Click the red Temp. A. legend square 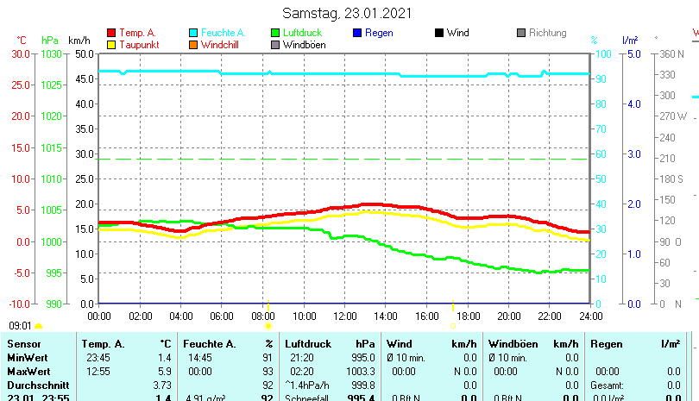click(110, 33)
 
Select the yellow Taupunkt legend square click(110, 45)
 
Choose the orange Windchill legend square click(193, 45)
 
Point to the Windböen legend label click(304, 45)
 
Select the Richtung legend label click(547, 33)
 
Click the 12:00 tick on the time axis click(344, 315)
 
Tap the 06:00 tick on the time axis click(222, 315)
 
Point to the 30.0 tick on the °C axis click(20, 53)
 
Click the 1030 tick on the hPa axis click(51, 53)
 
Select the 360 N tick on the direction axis click(671, 53)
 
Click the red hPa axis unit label click(51, 40)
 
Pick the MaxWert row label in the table click(28, 370)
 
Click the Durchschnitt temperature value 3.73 click(162, 384)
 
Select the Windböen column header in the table click(511, 344)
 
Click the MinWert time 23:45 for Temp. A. click(98, 357)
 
